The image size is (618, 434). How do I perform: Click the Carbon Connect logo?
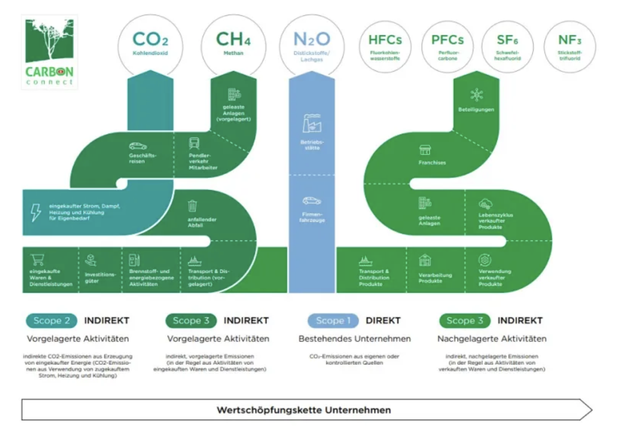[x=50, y=52]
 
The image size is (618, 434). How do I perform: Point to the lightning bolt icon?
[x=36, y=212]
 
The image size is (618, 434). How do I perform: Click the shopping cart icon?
[x=37, y=260]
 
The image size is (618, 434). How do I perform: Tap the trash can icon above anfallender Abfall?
[x=192, y=206]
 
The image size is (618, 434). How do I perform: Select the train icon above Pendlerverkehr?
[x=194, y=143]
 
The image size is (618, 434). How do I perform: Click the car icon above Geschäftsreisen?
[x=138, y=146]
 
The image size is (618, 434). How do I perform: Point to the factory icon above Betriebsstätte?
[x=312, y=123]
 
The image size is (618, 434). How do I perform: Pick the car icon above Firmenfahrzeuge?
[x=312, y=201]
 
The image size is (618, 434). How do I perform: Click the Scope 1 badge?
[x=333, y=321]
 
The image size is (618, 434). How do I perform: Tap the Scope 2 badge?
[x=51, y=321]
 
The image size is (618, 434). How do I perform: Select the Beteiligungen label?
[x=476, y=109]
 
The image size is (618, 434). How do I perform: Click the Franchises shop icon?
[x=425, y=150]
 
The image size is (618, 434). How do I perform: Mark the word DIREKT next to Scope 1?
[x=383, y=321]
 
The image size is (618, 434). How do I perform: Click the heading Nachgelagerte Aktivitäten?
[x=492, y=339]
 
